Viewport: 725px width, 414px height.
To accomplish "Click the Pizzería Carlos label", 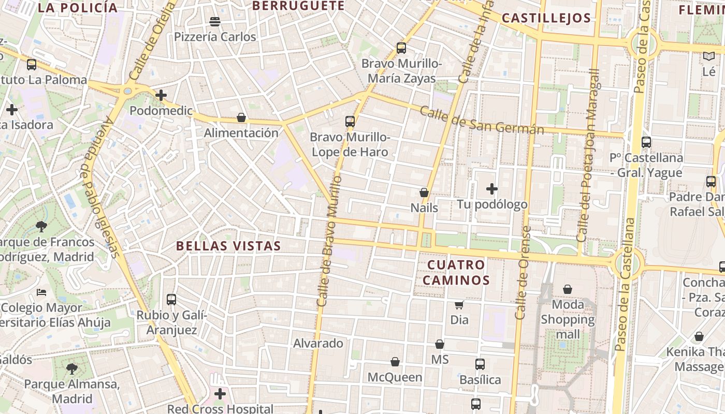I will click(215, 37).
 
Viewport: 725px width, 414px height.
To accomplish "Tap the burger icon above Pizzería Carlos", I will click(215, 21).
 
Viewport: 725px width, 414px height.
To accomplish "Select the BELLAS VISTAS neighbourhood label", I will click(228, 246).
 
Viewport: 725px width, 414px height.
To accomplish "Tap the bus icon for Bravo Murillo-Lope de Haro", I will click(350, 122).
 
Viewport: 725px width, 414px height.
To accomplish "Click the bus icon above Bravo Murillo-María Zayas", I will click(401, 48).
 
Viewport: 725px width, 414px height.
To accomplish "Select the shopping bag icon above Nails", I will click(424, 193).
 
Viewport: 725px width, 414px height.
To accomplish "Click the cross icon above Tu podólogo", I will click(492, 189).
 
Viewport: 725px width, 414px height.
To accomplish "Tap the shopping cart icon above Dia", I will click(459, 305).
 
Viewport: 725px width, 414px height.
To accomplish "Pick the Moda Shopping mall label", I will click(568, 319).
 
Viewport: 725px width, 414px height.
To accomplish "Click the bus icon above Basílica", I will click(480, 364).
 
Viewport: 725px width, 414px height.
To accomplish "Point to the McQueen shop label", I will click(395, 377).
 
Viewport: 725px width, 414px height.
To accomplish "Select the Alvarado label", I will click(318, 343).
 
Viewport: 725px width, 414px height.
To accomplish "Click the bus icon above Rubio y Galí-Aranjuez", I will click(171, 299).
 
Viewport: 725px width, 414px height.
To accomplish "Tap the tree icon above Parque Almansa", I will click(72, 368).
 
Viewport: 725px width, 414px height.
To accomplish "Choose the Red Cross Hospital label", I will click(220, 409).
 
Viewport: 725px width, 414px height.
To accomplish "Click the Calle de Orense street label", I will click(523, 273).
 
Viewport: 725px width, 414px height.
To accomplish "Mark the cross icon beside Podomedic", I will click(161, 95).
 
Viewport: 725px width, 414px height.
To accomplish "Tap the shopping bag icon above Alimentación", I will click(241, 117).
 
